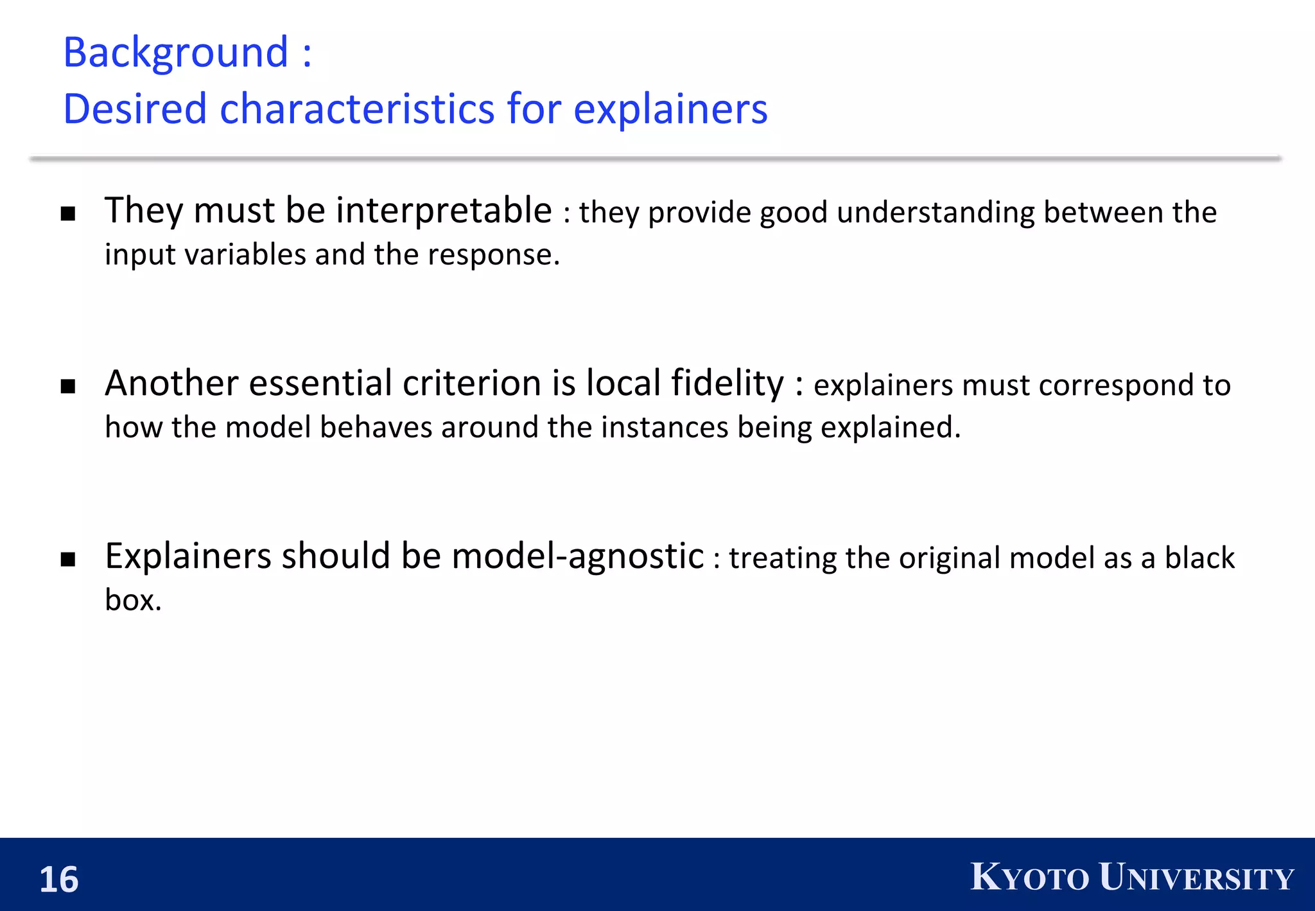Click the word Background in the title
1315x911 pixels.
point(175,53)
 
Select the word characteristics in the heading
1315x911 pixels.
point(357,109)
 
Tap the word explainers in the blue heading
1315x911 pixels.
point(670,109)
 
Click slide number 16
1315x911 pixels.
point(58,879)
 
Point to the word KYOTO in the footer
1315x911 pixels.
point(1029,877)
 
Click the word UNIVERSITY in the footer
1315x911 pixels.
point(1196,877)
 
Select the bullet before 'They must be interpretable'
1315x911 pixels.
point(68,214)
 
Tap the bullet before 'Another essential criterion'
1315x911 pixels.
point(68,386)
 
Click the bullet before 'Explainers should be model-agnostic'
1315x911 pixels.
point(68,559)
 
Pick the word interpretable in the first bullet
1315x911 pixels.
point(444,211)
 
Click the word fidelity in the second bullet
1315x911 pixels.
point(727,384)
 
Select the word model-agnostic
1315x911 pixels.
point(578,556)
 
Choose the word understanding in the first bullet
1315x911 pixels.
point(936,213)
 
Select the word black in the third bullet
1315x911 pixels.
point(1199,558)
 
